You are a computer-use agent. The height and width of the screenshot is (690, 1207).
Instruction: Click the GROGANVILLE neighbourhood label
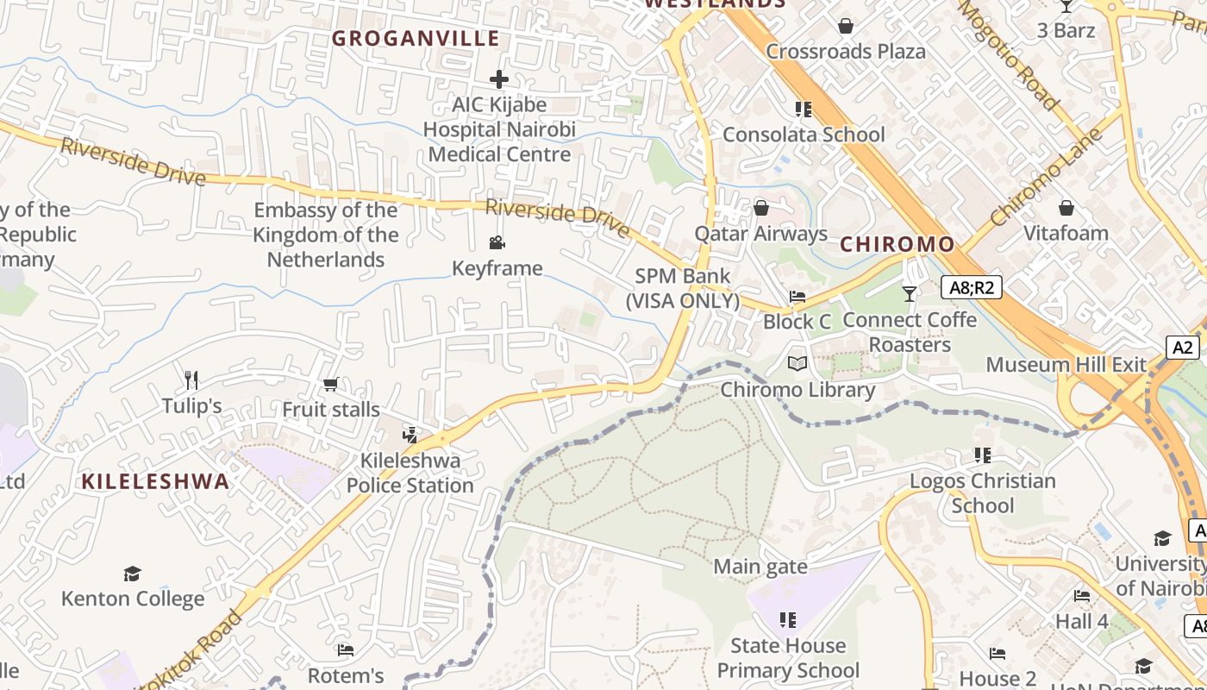[416, 39]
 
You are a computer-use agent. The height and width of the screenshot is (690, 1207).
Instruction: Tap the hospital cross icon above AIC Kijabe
[498, 79]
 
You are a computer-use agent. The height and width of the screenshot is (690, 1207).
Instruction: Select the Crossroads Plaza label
[846, 51]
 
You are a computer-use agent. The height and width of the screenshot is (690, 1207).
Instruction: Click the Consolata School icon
[804, 110]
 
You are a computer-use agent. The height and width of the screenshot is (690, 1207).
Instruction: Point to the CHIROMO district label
[897, 244]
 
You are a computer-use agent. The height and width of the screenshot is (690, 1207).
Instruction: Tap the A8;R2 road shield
[971, 287]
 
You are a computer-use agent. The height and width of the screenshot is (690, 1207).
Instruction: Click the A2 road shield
[1183, 348]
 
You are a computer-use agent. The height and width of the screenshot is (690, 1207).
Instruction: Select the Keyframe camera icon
[497, 243]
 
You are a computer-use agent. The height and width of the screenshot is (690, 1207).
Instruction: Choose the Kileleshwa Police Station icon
[410, 435]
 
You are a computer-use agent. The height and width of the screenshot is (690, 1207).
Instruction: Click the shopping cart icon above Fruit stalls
[330, 384]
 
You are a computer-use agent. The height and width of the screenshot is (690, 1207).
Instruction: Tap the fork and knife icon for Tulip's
[191, 379]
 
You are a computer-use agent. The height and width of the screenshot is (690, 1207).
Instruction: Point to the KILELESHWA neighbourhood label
[156, 481]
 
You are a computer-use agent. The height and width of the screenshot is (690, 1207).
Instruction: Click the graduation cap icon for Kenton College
[132, 574]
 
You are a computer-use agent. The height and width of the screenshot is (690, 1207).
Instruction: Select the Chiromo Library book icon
[797, 364]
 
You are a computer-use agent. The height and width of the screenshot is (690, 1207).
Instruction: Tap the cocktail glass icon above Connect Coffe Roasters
[910, 294]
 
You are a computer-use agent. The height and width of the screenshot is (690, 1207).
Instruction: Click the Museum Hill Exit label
[1066, 364]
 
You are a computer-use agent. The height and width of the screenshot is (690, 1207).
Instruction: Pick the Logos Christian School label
[983, 492]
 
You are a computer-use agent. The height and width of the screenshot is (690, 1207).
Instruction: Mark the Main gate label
[760, 567]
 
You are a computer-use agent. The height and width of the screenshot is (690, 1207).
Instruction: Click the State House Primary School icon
[787, 620]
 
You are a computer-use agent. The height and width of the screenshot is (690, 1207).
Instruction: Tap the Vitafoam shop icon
[1066, 208]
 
